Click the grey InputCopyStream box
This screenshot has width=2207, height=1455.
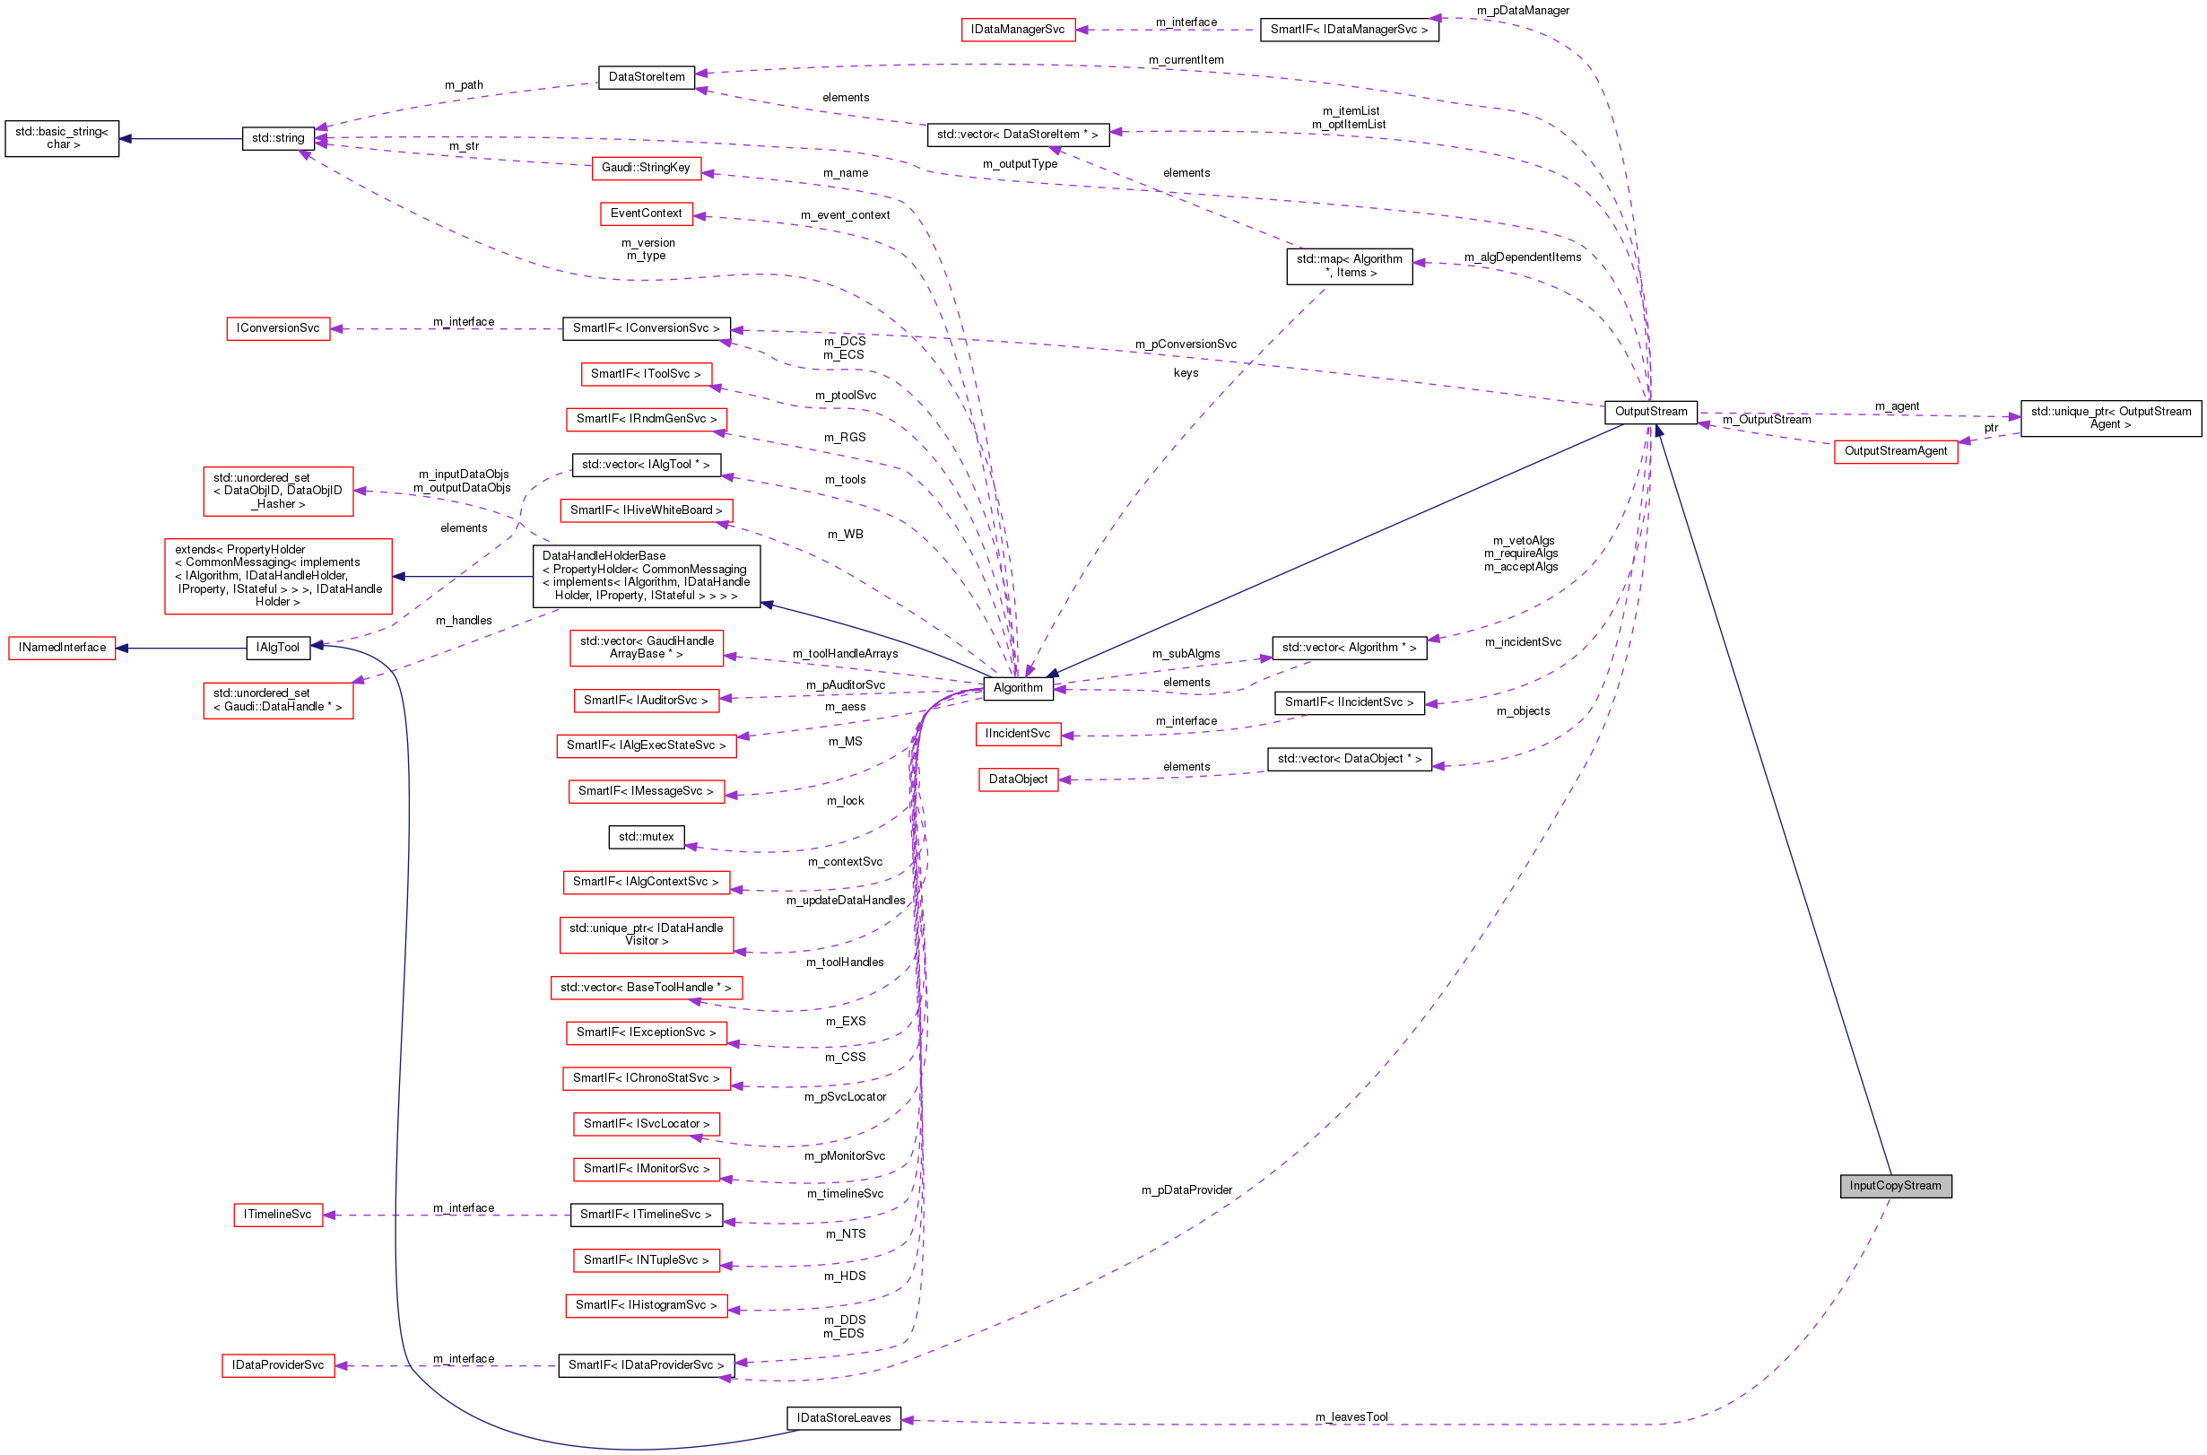tap(1895, 1185)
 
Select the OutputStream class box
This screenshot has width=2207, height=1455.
tap(1650, 411)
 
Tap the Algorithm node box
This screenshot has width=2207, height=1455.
tap(1018, 688)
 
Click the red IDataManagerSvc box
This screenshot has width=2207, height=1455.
tap(1017, 30)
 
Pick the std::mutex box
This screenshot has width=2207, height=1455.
tap(646, 836)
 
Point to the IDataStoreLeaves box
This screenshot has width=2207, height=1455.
tap(842, 1417)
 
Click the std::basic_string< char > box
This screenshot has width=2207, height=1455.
tap(61, 138)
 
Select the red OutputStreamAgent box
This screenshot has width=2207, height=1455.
tap(1894, 451)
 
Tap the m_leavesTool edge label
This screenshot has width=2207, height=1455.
tap(1351, 1416)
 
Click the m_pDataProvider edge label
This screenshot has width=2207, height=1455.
tap(1186, 1189)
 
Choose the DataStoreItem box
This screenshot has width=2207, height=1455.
tap(646, 77)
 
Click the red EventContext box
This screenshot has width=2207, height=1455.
tap(646, 213)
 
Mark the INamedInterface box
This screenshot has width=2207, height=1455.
tap(61, 647)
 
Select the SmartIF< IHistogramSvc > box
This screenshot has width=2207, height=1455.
tap(646, 1304)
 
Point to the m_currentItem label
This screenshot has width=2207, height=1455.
tap(1186, 60)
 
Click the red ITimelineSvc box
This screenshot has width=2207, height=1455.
tap(277, 1214)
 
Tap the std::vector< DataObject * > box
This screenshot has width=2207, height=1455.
tap(1349, 758)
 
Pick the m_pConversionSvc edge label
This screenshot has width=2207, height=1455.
tap(1185, 344)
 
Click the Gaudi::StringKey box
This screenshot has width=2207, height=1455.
tap(646, 167)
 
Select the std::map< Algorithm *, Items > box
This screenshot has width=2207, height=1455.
tap(1349, 266)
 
